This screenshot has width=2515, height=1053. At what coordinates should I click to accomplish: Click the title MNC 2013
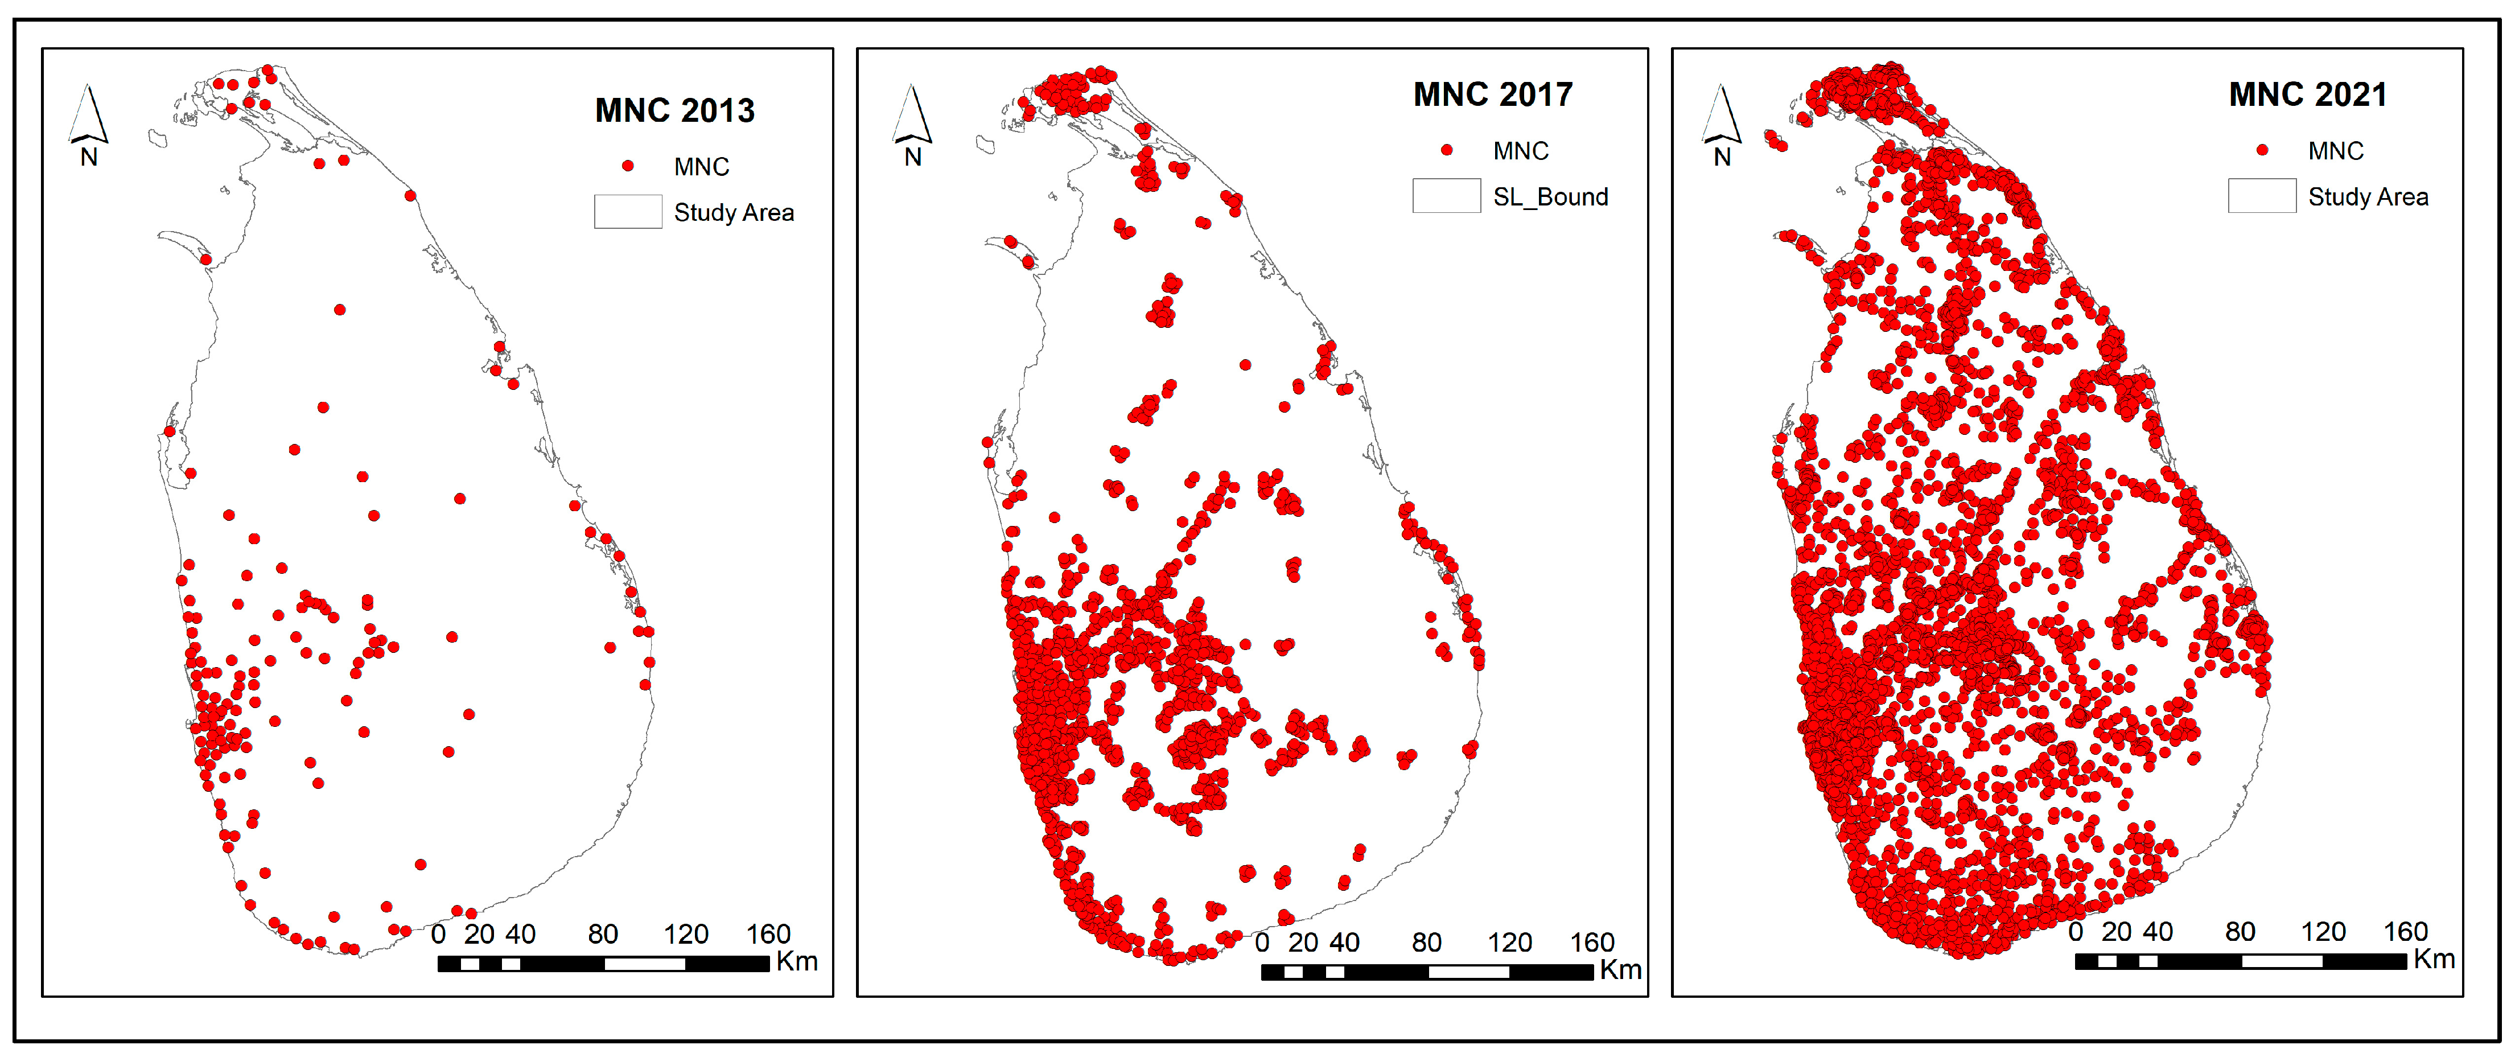674,110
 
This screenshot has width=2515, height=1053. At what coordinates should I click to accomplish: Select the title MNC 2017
1493,94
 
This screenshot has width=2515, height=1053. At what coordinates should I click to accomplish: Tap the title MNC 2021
2308,94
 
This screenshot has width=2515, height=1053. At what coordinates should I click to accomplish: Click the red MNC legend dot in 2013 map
628,166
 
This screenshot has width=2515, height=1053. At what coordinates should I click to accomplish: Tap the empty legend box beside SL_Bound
1446,195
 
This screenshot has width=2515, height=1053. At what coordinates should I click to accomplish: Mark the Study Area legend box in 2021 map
2261,195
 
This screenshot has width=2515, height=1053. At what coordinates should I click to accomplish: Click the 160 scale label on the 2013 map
768,934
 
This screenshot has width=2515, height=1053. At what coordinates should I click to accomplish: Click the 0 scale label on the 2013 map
438,934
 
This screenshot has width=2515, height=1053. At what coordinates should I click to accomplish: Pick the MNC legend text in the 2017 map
1520,150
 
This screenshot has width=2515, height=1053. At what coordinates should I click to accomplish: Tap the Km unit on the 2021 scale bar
2434,959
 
